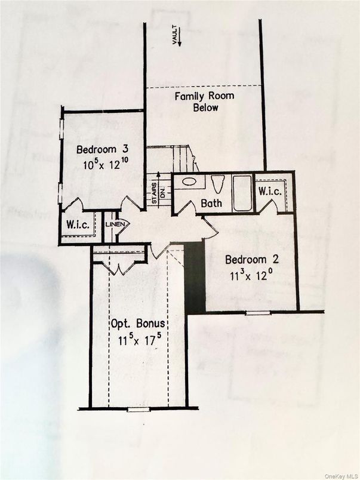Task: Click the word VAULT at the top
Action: (x=176, y=33)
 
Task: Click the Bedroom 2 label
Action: (x=251, y=260)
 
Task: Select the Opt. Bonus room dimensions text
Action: (x=139, y=341)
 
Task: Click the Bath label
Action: (x=211, y=204)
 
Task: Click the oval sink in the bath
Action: (x=190, y=182)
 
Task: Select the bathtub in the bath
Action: (x=242, y=192)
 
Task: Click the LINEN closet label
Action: (x=113, y=224)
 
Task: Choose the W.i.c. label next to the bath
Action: (x=270, y=191)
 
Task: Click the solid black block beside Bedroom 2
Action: (x=195, y=277)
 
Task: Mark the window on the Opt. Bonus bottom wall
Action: (x=138, y=410)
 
